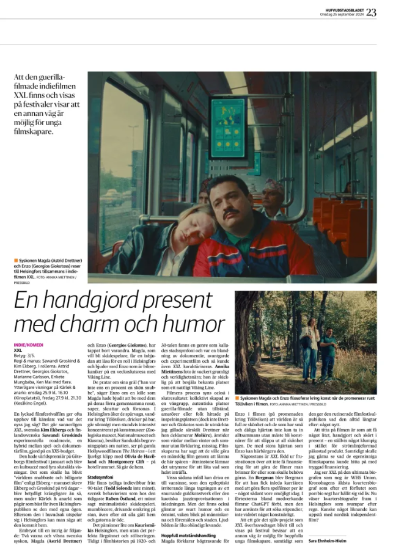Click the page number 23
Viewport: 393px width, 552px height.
tap(372, 11)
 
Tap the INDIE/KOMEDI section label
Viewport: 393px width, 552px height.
tap(29, 346)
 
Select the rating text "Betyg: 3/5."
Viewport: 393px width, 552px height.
tap(26, 356)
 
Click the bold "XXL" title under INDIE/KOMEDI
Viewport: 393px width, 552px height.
tap(18, 350)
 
